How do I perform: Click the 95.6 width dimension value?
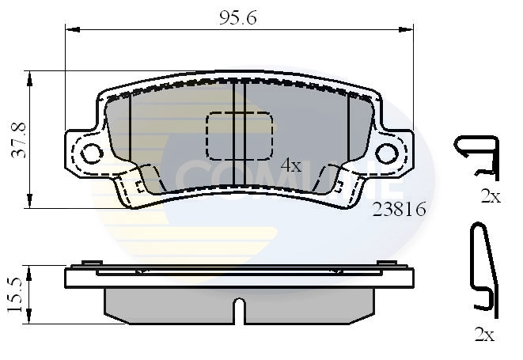pos(237,16)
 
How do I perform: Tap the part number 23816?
pos(400,210)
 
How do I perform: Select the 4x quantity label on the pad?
pos(291,165)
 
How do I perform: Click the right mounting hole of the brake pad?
pos(387,152)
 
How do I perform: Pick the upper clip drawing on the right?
pos(476,156)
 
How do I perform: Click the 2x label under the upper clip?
pos(491,197)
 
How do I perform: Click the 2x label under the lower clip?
pos(483,335)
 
